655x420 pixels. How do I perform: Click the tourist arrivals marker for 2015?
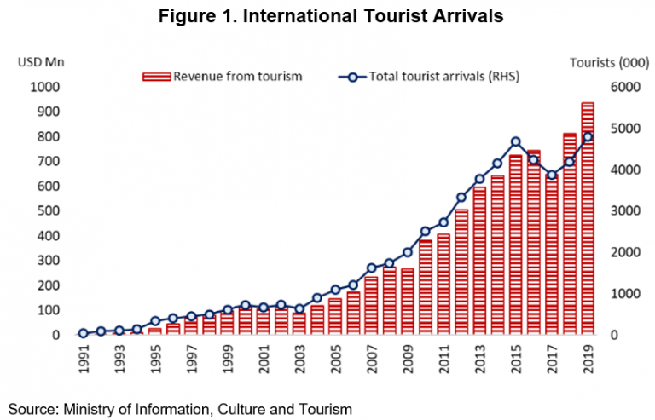[516, 142]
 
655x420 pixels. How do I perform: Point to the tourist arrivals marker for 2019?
[588, 137]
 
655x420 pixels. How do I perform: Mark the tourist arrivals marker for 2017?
[552, 175]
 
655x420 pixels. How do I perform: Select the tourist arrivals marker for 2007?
[371, 268]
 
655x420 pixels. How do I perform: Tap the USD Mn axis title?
[40, 61]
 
